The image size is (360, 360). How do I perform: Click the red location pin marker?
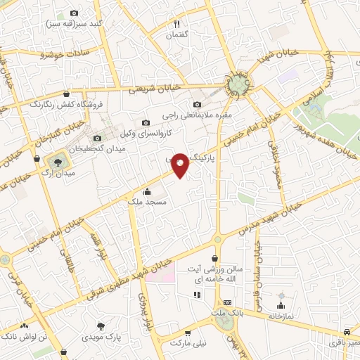coord(181,165)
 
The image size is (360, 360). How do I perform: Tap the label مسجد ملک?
coord(146,202)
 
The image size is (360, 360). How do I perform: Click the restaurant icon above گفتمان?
coord(177,23)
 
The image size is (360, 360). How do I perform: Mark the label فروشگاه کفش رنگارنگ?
coord(65,104)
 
